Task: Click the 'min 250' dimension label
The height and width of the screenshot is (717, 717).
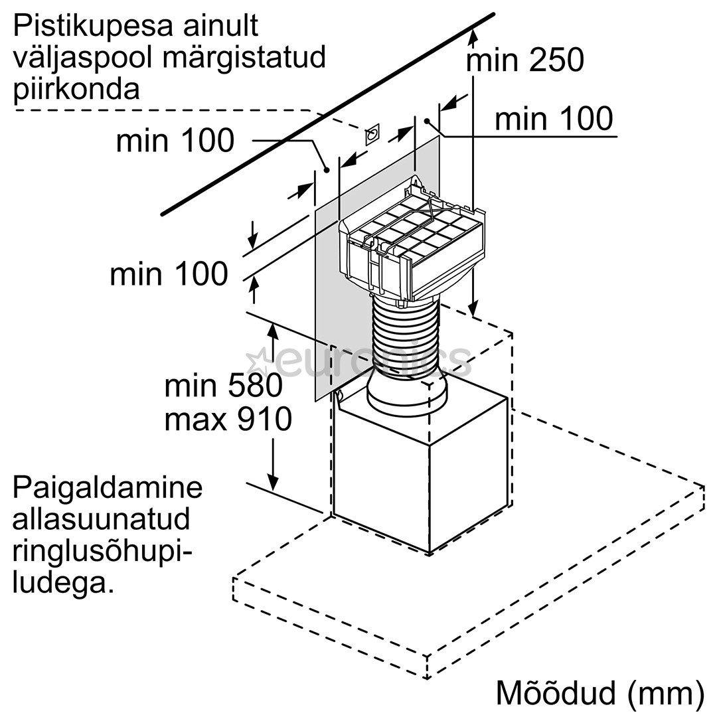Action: [x=524, y=60]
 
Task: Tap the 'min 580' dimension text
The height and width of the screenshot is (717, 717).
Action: [x=224, y=386]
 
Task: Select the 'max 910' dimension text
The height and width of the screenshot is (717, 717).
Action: [x=228, y=420]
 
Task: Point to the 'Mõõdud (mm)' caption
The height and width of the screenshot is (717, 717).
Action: [x=599, y=692]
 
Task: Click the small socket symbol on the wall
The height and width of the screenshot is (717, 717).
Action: [x=372, y=134]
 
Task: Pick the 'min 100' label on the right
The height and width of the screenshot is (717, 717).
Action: [x=554, y=119]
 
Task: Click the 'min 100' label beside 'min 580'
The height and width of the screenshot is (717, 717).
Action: [x=169, y=274]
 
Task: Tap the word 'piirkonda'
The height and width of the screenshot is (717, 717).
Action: [x=76, y=88]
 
